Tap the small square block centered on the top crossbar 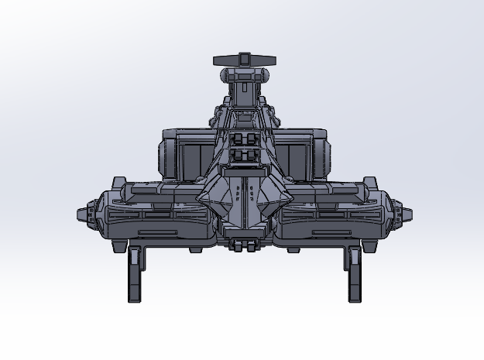(x=244, y=59)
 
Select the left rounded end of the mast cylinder (x=225, y=76)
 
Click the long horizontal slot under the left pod (x=155, y=231)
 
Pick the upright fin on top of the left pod (x=118, y=183)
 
